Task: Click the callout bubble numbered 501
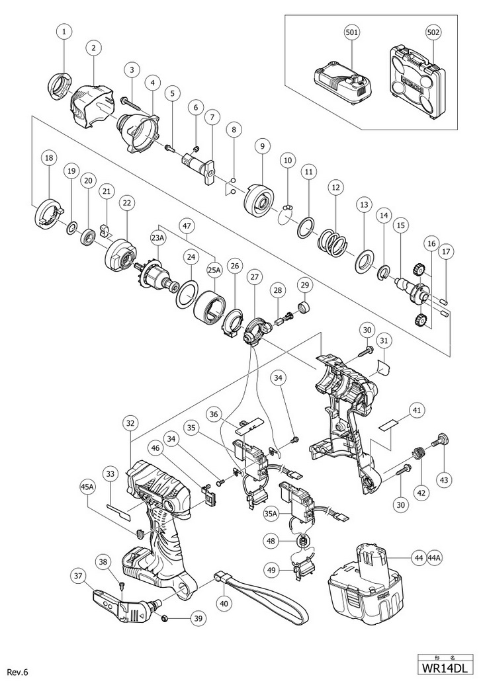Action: pyautogui.click(x=352, y=32)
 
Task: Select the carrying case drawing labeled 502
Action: pyautogui.click(x=417, y=81)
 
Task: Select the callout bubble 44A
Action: pyautogui.click(x=434, y=557)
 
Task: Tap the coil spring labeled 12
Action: pyautogui.click(x=333, y=244)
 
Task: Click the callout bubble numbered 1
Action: pyautogui.click(x=65, y=32)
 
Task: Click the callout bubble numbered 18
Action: pyautogui.click(x=48, y=157)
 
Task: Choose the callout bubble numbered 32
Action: pyautogui.click(x=132, y=423)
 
